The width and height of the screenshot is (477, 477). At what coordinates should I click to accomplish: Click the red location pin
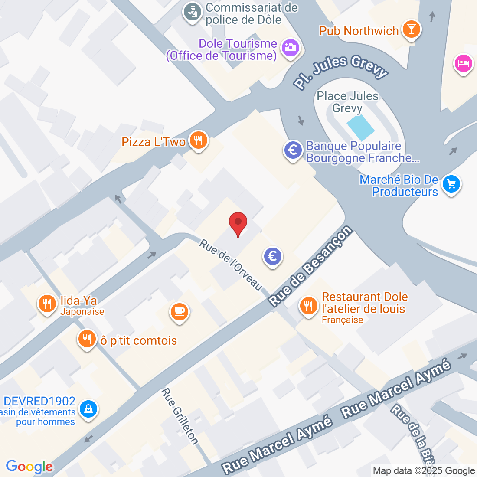238,223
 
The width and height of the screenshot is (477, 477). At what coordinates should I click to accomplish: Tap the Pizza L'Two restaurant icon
198,140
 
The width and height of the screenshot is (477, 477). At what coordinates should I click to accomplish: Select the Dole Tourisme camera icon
290,47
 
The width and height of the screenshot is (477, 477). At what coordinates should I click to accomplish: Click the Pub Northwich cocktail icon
410,29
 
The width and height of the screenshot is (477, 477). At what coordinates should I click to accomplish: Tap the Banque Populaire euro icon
293,150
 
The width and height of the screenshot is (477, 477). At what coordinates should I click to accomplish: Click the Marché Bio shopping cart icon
451,184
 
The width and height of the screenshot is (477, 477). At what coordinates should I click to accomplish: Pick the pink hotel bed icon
463,64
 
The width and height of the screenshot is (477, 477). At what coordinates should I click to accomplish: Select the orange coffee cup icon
179,311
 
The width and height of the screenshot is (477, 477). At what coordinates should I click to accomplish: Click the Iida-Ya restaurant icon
47,303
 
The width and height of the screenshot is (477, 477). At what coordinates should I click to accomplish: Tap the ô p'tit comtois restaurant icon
87,339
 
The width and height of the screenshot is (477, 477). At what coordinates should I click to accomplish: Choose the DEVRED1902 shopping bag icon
88,409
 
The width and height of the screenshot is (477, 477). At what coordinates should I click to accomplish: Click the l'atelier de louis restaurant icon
308,306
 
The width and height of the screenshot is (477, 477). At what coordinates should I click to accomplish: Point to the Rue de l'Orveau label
231,265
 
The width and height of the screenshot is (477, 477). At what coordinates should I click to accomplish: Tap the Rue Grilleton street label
180,416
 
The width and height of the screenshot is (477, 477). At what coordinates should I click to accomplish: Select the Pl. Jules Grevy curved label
340,70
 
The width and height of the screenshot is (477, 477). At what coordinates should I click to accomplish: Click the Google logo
29,467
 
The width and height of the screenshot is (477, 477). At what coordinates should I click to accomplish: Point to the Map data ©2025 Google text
424,471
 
